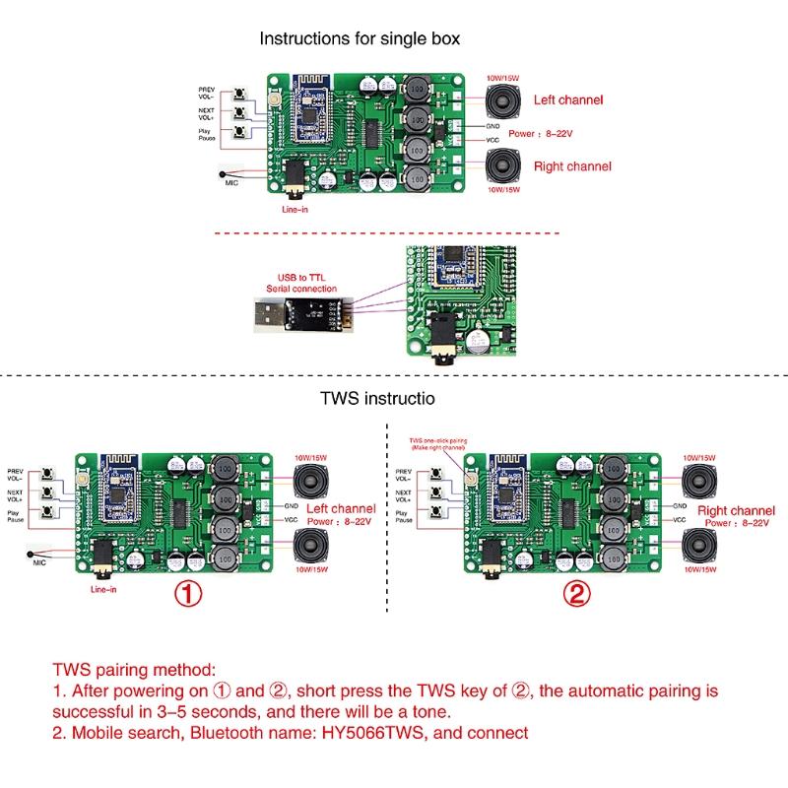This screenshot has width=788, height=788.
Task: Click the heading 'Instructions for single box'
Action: pos(360,39)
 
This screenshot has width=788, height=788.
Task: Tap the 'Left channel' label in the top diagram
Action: pos(567,99)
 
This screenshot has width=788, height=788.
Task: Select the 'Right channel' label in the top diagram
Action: pos(571,166)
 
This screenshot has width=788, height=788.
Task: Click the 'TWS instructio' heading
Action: pos(377,400)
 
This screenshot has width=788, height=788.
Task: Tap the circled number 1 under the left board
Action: pos(188,594)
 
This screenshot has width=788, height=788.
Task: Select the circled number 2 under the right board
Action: pos(578,594)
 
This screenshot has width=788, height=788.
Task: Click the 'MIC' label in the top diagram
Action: pos(232,182)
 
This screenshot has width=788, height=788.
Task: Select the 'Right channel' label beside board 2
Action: pos(736,511)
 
